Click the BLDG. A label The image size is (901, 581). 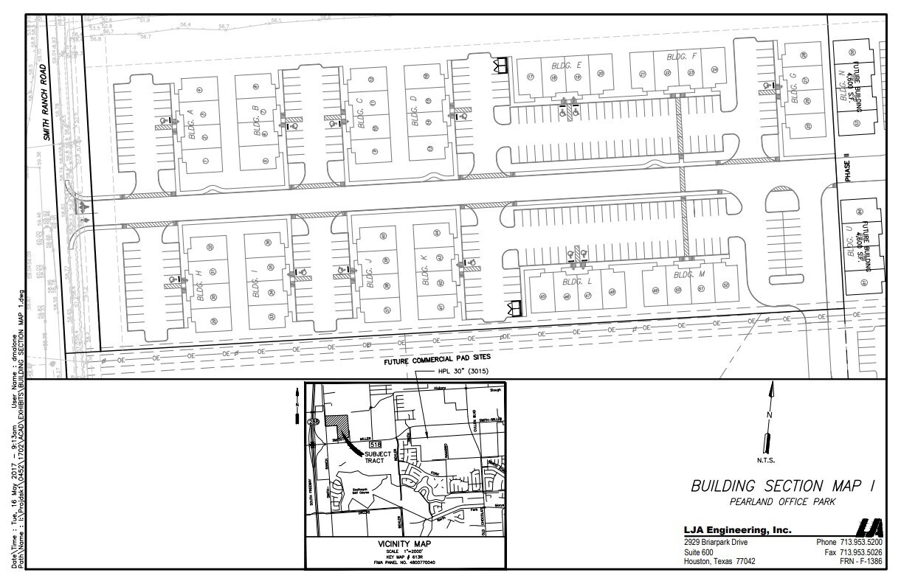(191, 122)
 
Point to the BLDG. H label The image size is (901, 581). (199, 283)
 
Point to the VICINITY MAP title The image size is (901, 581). (404, 544)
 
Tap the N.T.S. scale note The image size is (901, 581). (765, 462)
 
